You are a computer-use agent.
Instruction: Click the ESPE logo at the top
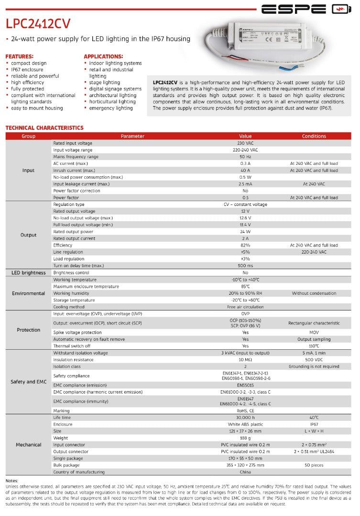306,9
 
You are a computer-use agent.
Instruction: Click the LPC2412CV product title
38,24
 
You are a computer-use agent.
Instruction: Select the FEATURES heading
19,56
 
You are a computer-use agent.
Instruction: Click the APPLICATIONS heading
103,56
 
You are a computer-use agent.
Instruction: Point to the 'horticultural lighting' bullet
112,102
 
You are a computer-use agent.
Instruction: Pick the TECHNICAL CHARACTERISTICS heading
44,128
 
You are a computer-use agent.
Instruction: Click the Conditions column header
314,136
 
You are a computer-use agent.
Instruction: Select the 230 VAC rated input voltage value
245,143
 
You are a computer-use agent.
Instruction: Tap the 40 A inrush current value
245,171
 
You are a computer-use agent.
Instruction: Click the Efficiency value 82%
245,245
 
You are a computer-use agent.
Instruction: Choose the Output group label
29,235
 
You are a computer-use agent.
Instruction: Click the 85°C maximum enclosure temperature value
245,287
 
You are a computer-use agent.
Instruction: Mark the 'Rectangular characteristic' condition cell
314,323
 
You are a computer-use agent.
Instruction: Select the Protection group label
29,330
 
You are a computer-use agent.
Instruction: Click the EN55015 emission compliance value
245,385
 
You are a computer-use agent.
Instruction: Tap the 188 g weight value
245,438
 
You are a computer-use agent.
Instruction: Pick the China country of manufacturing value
245,472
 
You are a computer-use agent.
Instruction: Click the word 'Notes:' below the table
11,481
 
